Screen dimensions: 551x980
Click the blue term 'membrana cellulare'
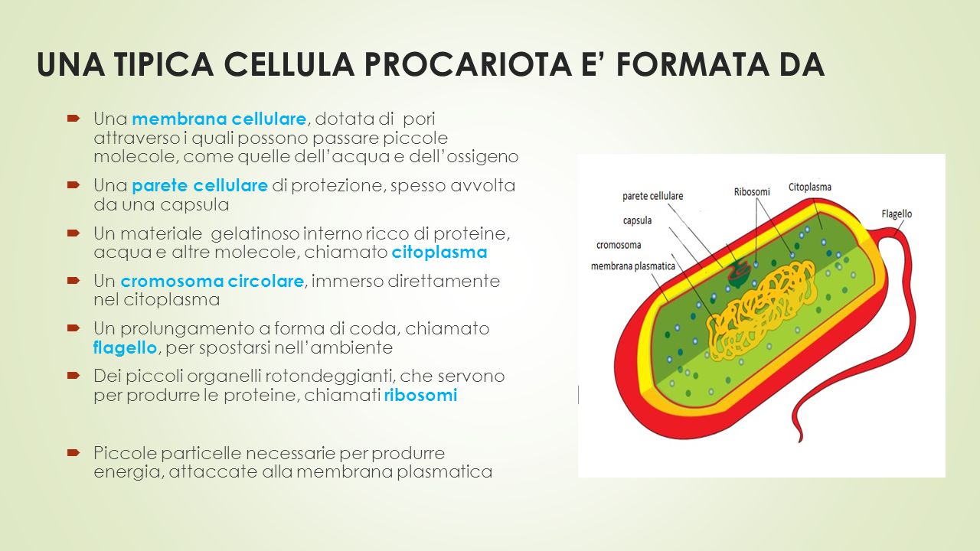pyautogui.click(x=219, y=119)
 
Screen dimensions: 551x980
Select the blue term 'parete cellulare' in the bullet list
pyautogui.click(x=200, y=186)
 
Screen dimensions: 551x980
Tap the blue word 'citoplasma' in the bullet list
pyautogui.click(x=439, y=253)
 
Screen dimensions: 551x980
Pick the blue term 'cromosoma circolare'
pyautogui.click(x=212, y=282)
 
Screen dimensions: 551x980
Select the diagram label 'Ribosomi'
pyautogui.click(x=753, y=191)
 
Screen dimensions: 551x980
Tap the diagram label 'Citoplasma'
pyautogui.click(x=809, y=187)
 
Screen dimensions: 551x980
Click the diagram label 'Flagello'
pyautogui.click(x=896, y=214)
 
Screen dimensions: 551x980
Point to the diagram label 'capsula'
pyautogui.click(x=637, y=220)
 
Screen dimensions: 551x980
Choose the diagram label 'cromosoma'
pyautogui.click(x=619, y=245)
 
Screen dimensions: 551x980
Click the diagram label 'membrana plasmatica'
pyautogui.click(x=632, y=266)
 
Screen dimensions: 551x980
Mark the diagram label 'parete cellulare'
pyautogui.click(x=652, y=196)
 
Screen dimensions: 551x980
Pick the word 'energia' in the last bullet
pyautogui.click(x=125, y=472)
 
